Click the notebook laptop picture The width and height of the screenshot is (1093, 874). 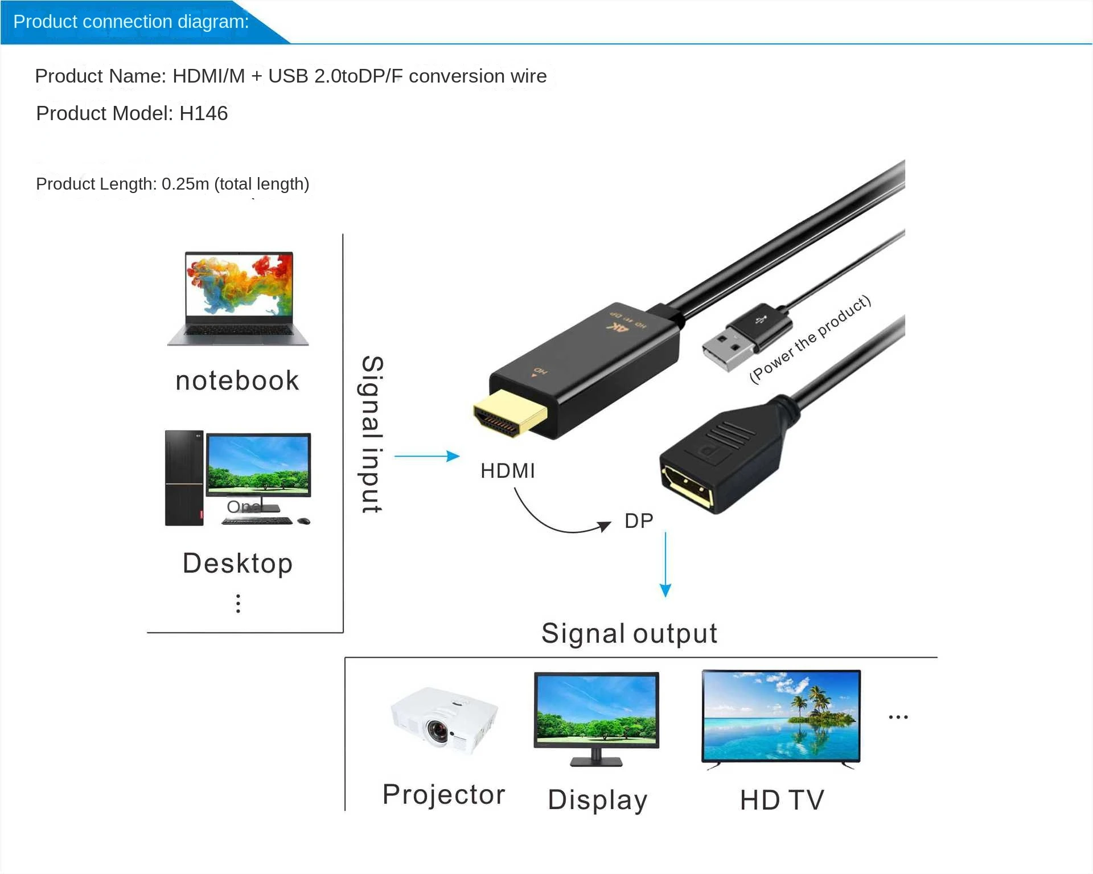click(238, 298)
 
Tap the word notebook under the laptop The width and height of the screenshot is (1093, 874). click(237, 381)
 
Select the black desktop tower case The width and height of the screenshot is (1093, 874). click(184, 478)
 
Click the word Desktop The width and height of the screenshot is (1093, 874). click(238, 564)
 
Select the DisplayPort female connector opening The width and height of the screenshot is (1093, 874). click(687, 486)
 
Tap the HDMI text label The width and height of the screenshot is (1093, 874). click(508, 471)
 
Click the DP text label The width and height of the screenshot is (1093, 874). click(639, 521)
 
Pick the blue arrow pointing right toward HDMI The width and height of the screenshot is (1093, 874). click(427, 456)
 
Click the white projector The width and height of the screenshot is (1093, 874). click(444, 720)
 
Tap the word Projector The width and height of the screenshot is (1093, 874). click(444, 794)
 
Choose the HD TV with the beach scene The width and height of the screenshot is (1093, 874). click(781, 716)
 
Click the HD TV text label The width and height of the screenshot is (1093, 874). click(782, 800)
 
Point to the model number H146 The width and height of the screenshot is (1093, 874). click(203, 113)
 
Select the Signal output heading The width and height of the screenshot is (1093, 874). click(629, 633)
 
